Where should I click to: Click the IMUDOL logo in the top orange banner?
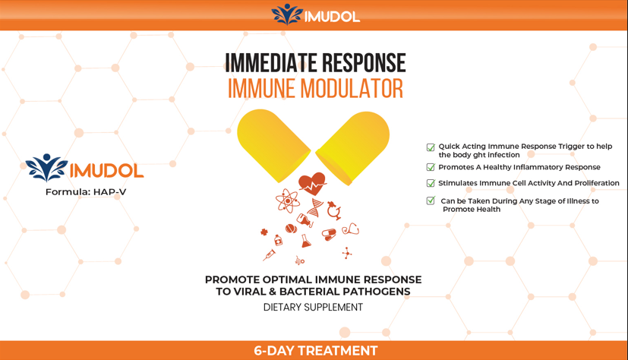click(314, 14)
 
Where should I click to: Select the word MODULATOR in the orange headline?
click(354, 89)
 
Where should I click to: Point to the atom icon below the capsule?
click(287, 201)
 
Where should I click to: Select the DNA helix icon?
click(314, 207)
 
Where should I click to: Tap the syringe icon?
click(270, 254)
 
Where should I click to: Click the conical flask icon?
click(305, 241)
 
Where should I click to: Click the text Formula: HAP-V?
click(86, 192)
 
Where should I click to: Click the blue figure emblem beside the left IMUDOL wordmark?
click(46, 168)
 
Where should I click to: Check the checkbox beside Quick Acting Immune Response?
click(431, 147)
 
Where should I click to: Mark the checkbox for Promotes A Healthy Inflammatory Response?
click(431, 167)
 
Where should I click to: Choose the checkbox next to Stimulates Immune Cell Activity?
click(431, 183)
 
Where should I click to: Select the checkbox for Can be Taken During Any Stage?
click(431, 201)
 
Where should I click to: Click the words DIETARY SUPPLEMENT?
click(313, 308)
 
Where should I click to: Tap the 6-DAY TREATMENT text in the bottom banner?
click(315, 351)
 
